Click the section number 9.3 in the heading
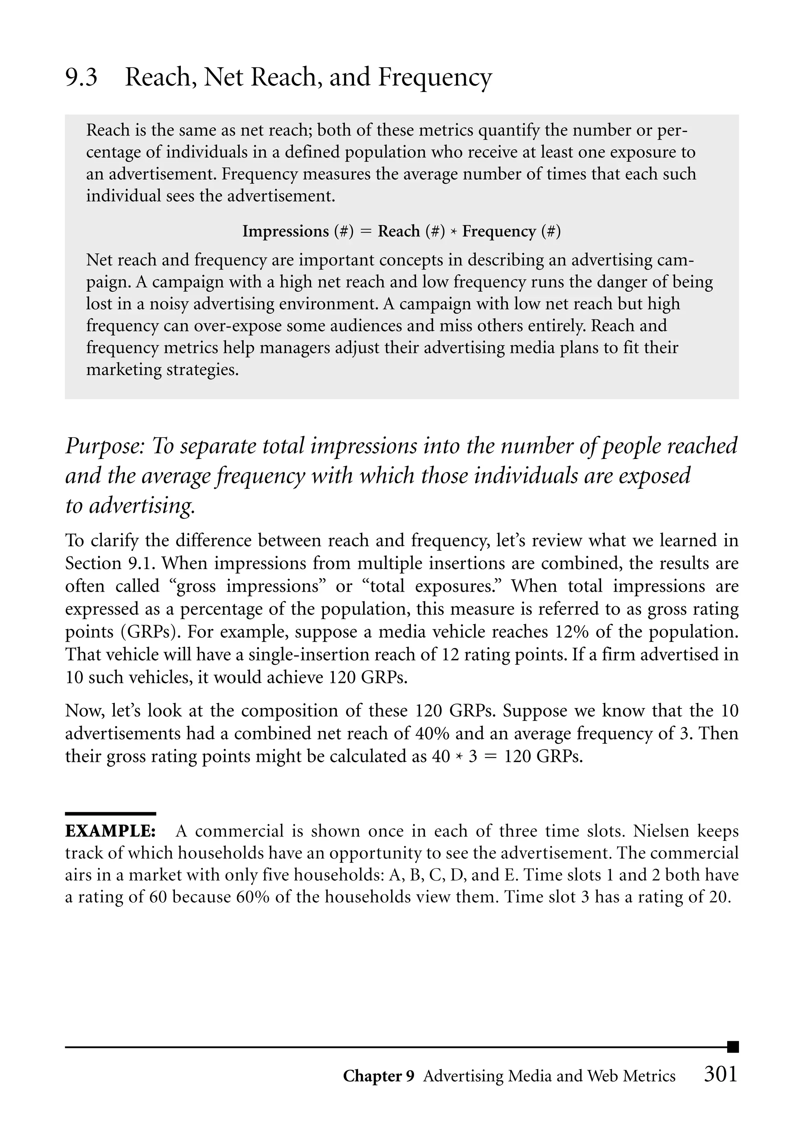(81, 78)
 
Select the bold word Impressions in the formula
(285, 231)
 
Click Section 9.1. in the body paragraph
(110, 563)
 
